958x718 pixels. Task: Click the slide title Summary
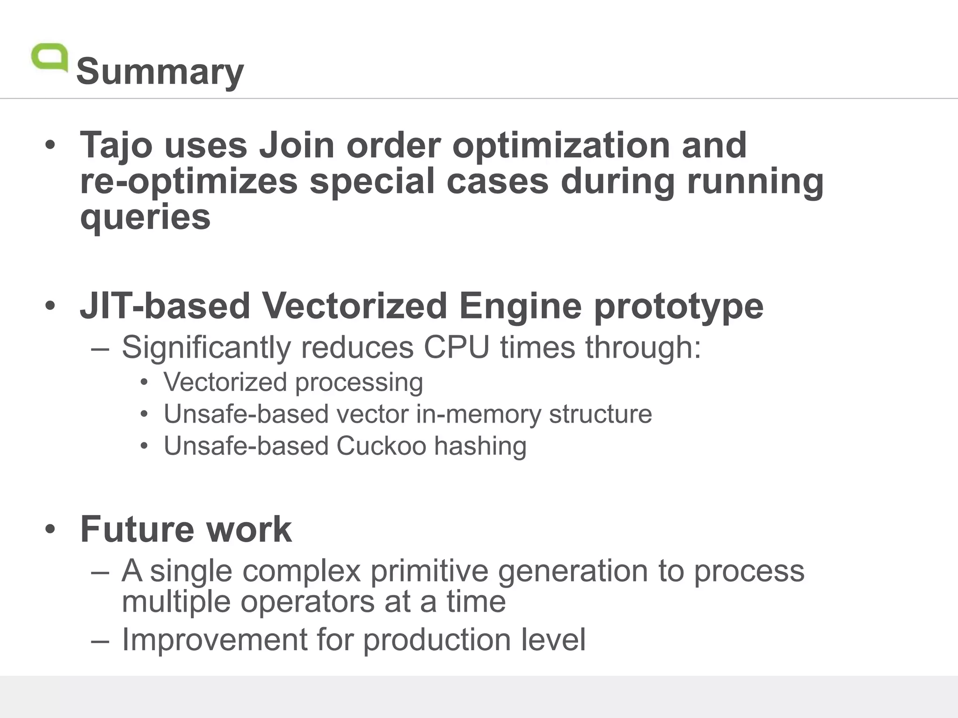point(160,72)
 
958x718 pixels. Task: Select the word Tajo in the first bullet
point(116,145)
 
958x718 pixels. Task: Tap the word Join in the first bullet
point(297,145)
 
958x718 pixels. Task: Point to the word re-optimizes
point(189,181)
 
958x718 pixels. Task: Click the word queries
point(145,217)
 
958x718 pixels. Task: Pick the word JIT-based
point(165,306)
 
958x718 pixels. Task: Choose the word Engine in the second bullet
point(520,306)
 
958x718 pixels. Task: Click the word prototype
point(678,306)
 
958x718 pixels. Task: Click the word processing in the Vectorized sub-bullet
point(359,383)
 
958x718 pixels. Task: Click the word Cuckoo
point(381,446)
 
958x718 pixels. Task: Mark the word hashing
point(480,446)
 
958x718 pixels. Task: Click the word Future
point(137,529)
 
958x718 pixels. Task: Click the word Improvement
point(214,640)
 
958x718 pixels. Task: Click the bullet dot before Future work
point(51,530)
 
